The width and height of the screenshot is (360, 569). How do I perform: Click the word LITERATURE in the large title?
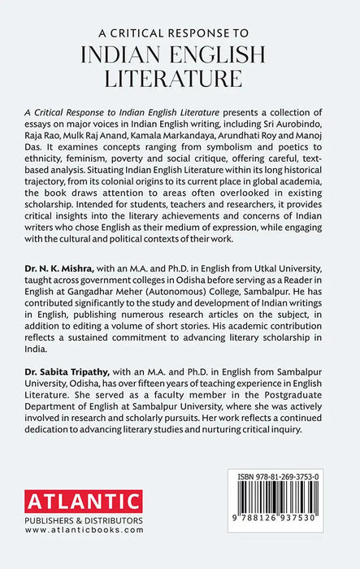click(x=180, y=78)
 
